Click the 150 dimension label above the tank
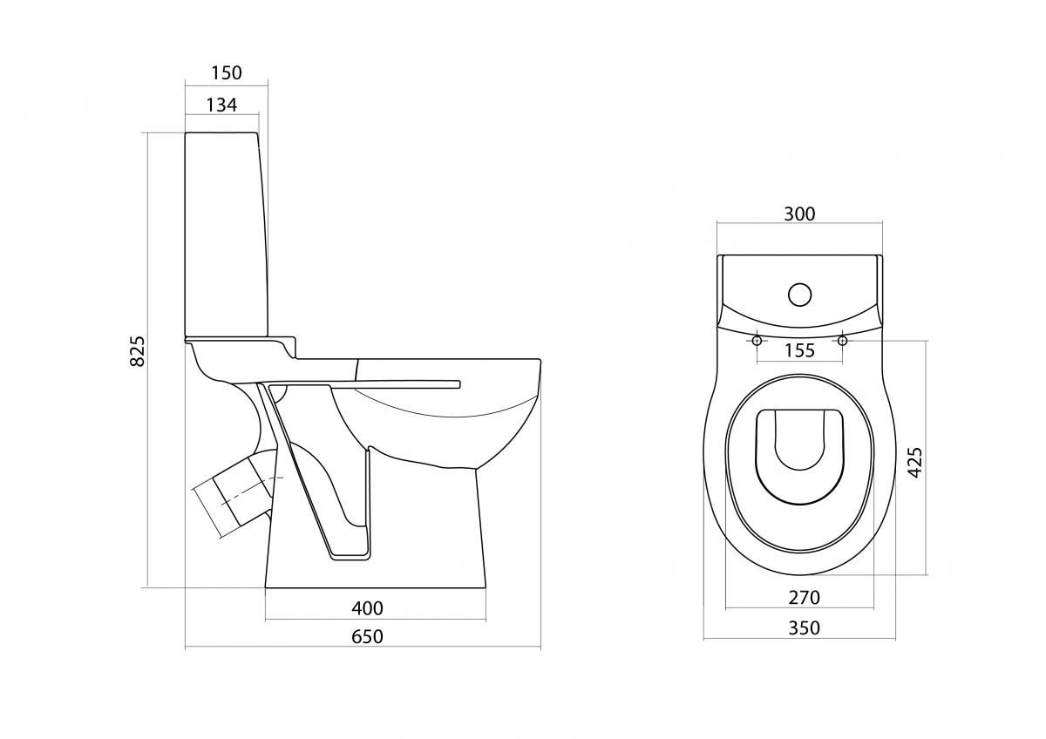227,73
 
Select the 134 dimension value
221,105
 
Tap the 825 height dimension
138,350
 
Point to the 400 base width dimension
368,607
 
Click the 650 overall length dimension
367,636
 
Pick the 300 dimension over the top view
799,214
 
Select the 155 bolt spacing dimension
799,350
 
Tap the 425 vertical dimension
914,462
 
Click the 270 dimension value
804,597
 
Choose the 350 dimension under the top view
804,628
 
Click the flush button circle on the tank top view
799,295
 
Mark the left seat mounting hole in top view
757,341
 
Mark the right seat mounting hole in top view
842,341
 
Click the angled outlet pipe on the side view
234,495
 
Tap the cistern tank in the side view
227,234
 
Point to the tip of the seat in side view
460,383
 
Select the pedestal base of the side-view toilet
376,527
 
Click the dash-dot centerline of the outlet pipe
251,489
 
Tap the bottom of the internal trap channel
350,557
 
